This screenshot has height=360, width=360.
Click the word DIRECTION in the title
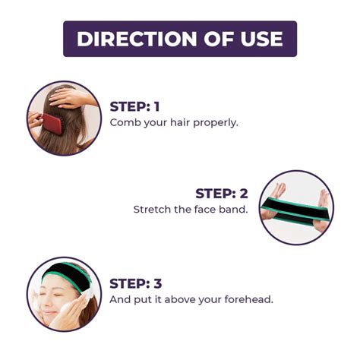(137, 39)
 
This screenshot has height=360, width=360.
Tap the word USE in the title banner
(261, 39)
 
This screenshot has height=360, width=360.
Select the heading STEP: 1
(134, 106)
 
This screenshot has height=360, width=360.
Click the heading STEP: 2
(222, 194)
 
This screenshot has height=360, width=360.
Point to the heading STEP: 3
(136, 283)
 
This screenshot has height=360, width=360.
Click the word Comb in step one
(125, 123)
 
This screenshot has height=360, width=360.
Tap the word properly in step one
(216, 123)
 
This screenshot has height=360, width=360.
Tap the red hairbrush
(52, 123)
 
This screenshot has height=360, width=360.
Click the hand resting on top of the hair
(71, 97)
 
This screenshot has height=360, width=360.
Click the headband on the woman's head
(66, 275)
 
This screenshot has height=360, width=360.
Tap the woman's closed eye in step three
(57, 295)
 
